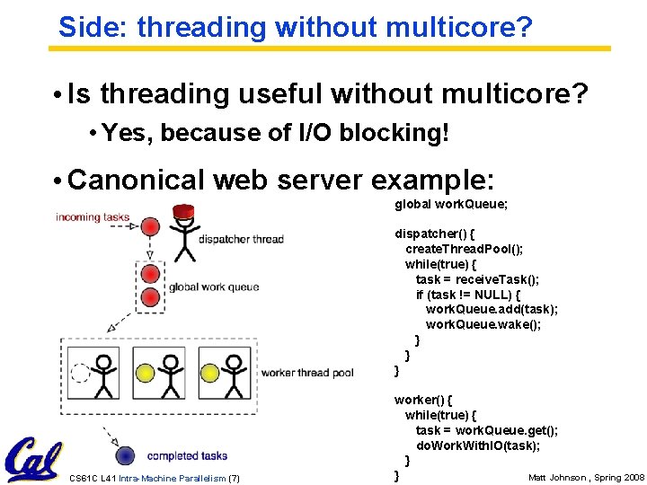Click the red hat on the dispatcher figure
[x=184, y=212]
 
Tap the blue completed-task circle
[x=127, y=454]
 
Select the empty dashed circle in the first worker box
[x=81, y=372]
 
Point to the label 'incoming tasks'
[x=93, y=217]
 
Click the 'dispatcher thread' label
[x=241, y=239]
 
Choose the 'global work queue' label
[x=214, y=287]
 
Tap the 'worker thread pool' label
[x=307, y=373]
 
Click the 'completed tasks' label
[x=187, y=455]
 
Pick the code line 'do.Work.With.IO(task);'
[x=477, y=445]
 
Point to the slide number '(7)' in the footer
[x=234, y=477]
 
